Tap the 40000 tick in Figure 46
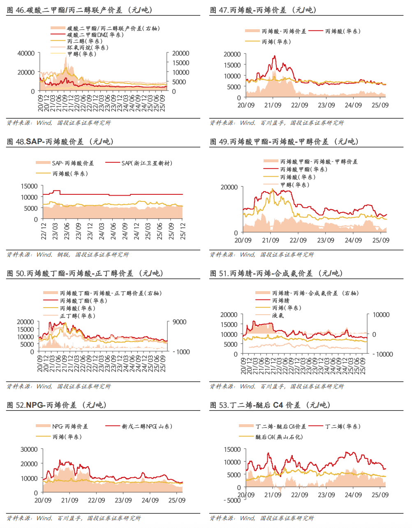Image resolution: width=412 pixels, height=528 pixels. point(26,53)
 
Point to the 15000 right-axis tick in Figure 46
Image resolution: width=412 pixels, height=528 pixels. point(181,63)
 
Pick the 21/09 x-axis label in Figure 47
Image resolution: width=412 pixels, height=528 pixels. point(273,105)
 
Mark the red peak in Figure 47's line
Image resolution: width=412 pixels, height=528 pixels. point(275,56)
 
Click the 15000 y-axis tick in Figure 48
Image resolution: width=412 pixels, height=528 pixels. point(29,186)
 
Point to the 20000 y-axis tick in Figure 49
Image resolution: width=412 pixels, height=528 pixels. point(229,187)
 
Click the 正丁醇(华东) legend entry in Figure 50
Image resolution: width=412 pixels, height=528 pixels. point(77,316)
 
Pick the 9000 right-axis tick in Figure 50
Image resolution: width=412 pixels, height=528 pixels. point(179,322)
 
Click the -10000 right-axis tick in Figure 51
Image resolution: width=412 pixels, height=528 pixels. point(382,354)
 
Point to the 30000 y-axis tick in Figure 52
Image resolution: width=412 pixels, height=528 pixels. point(29,449)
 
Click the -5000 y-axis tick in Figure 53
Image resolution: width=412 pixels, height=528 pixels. point(232,500)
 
